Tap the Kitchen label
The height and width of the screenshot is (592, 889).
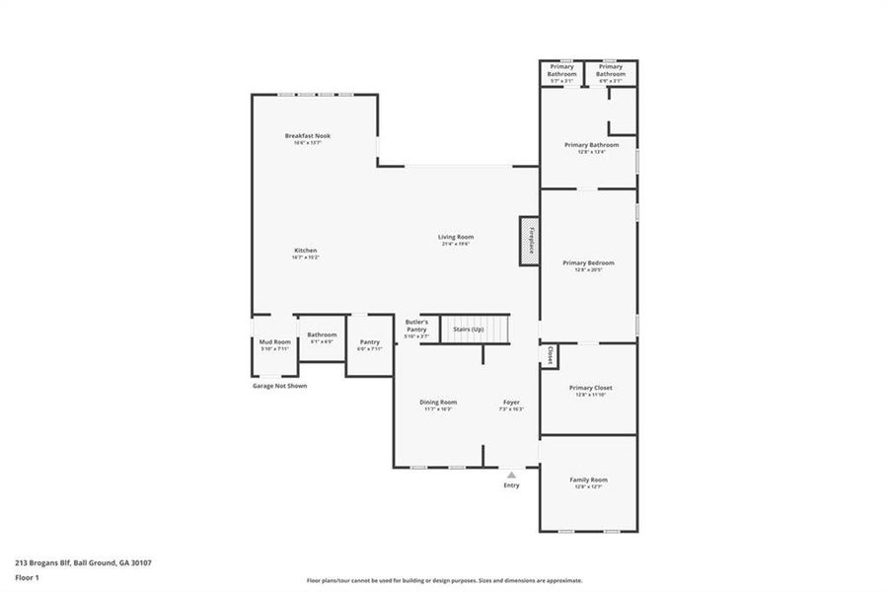(x=305, y=251)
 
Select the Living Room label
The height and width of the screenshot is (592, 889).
(x=456, y=237)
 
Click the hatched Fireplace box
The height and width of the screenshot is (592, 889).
(x=530, y=241)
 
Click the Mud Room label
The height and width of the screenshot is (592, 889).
(x=275, y=341)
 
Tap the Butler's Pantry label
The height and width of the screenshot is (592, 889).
(x=416, y=326)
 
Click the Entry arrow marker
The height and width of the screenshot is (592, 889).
(x=511, y=475)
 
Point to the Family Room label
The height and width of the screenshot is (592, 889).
(x=588, y=481)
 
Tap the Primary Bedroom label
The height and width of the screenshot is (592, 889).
(x=588, y=263)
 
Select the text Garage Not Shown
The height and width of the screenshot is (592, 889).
(x=279, y=386)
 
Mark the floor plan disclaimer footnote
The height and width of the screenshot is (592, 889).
(x=444, y=580)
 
